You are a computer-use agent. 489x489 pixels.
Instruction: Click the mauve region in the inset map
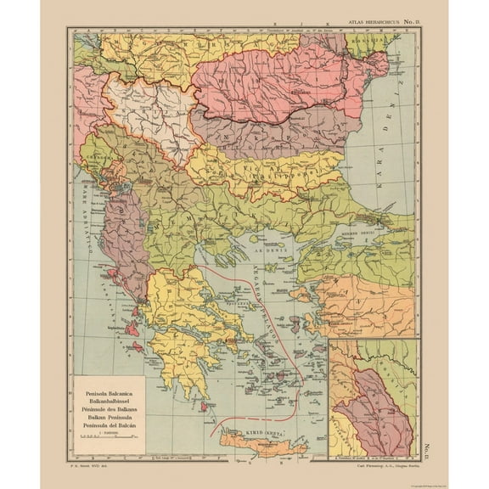[x=374, y=407]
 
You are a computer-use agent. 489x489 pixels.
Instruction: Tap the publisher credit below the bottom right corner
[x=374, y=465]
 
